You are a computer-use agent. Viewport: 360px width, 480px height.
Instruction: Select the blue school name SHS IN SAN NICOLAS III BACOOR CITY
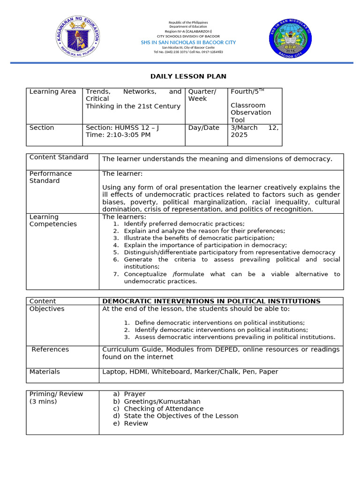pos(188,42)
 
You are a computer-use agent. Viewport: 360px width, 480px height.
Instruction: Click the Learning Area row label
pos(52,92)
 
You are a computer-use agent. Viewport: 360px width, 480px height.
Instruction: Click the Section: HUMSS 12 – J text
pos(122,127)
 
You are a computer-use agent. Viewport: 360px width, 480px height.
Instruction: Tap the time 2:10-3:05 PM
pos(118,135)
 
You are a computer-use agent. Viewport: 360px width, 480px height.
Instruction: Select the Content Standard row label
pos(59,157)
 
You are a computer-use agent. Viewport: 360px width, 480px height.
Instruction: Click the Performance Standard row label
pos(51,177)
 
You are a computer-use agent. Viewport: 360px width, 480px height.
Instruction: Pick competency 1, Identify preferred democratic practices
pos(184,224)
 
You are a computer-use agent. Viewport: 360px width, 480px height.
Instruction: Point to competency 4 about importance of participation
pos(205,245)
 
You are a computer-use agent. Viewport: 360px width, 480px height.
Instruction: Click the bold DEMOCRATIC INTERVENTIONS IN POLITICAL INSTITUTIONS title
pos(211,301)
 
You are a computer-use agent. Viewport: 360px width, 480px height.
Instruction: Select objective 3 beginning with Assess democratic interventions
pos(234,337)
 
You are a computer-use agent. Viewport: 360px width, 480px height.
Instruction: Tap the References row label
pos(50,349)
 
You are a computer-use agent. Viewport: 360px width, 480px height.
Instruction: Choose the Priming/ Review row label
pos(56,397)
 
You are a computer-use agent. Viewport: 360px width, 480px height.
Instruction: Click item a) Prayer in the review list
pos(135,394)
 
